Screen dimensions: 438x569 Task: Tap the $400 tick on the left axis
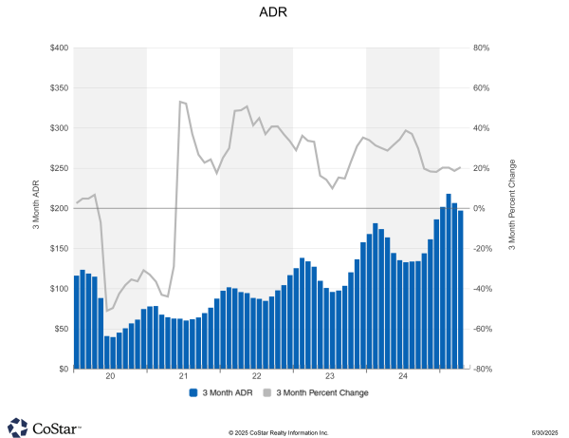pos(58,48)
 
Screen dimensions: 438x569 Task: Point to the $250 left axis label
pos(58,168)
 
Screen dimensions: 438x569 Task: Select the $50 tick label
pos(60,329)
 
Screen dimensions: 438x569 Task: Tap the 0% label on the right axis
pos(479,208)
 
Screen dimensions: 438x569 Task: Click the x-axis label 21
pos(183,377)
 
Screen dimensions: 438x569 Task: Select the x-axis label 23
pos(330,377)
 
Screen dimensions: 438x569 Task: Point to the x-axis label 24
pos(403,377)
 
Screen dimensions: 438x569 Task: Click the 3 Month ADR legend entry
pos(222,391)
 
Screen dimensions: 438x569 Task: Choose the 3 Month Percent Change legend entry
pos(316,391)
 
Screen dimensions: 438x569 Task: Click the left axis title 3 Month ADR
pos(37,208)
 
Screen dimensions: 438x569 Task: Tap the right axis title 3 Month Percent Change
pos(511,208)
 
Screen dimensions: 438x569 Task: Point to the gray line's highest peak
pos(180,102)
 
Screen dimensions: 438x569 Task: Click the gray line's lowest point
pos(107,311)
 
